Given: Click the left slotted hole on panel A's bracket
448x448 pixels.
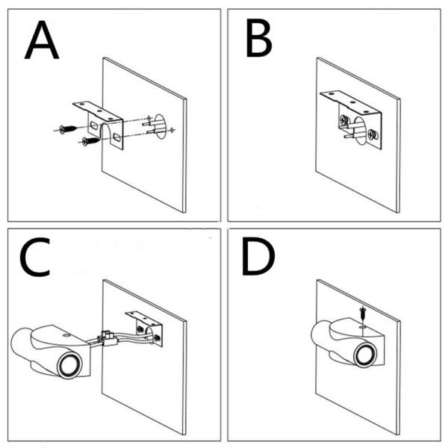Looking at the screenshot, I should tap(92, 122).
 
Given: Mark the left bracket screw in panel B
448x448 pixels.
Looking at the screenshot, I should tap(343, 119).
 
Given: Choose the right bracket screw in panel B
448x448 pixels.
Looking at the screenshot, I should tap(374, 135).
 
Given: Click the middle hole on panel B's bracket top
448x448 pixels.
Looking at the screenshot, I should tap(349, 99).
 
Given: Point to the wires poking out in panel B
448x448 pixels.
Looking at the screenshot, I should tap(350, 134).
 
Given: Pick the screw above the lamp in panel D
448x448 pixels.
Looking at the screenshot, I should tap(361, 314).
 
